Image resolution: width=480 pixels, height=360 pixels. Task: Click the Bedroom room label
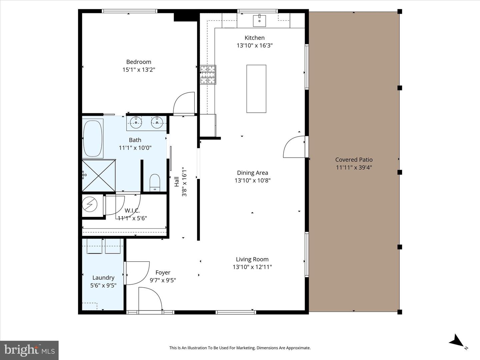tap(139, 62)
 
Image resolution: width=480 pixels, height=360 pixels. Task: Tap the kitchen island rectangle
tap(256, 89)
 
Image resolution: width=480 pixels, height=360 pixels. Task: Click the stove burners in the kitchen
tap(208, 75)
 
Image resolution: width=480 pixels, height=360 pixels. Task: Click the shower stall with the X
tap(99, 175)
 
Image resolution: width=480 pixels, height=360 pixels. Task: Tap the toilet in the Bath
tap(155, 182)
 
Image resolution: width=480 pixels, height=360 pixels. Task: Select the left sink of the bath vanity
tap(136, 123)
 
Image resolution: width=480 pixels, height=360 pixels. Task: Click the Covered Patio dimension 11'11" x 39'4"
tap(354, 167)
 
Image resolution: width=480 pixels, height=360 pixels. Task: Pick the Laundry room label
tap(103, 278)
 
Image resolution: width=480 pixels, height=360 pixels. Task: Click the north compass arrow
tap(457, 341)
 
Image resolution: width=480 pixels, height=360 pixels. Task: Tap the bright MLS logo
tap(29, 350)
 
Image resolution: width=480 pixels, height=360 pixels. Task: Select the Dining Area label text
tap(252, 173)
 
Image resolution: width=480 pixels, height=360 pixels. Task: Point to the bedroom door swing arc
tap(183, 103)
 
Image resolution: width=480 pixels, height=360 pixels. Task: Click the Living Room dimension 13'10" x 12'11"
tap(252, 267)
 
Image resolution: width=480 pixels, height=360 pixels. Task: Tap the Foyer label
tap(163, 273)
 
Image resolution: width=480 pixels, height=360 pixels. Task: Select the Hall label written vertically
tap(177, 182)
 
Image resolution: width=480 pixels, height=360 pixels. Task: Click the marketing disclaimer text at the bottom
tap(240, 348)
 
